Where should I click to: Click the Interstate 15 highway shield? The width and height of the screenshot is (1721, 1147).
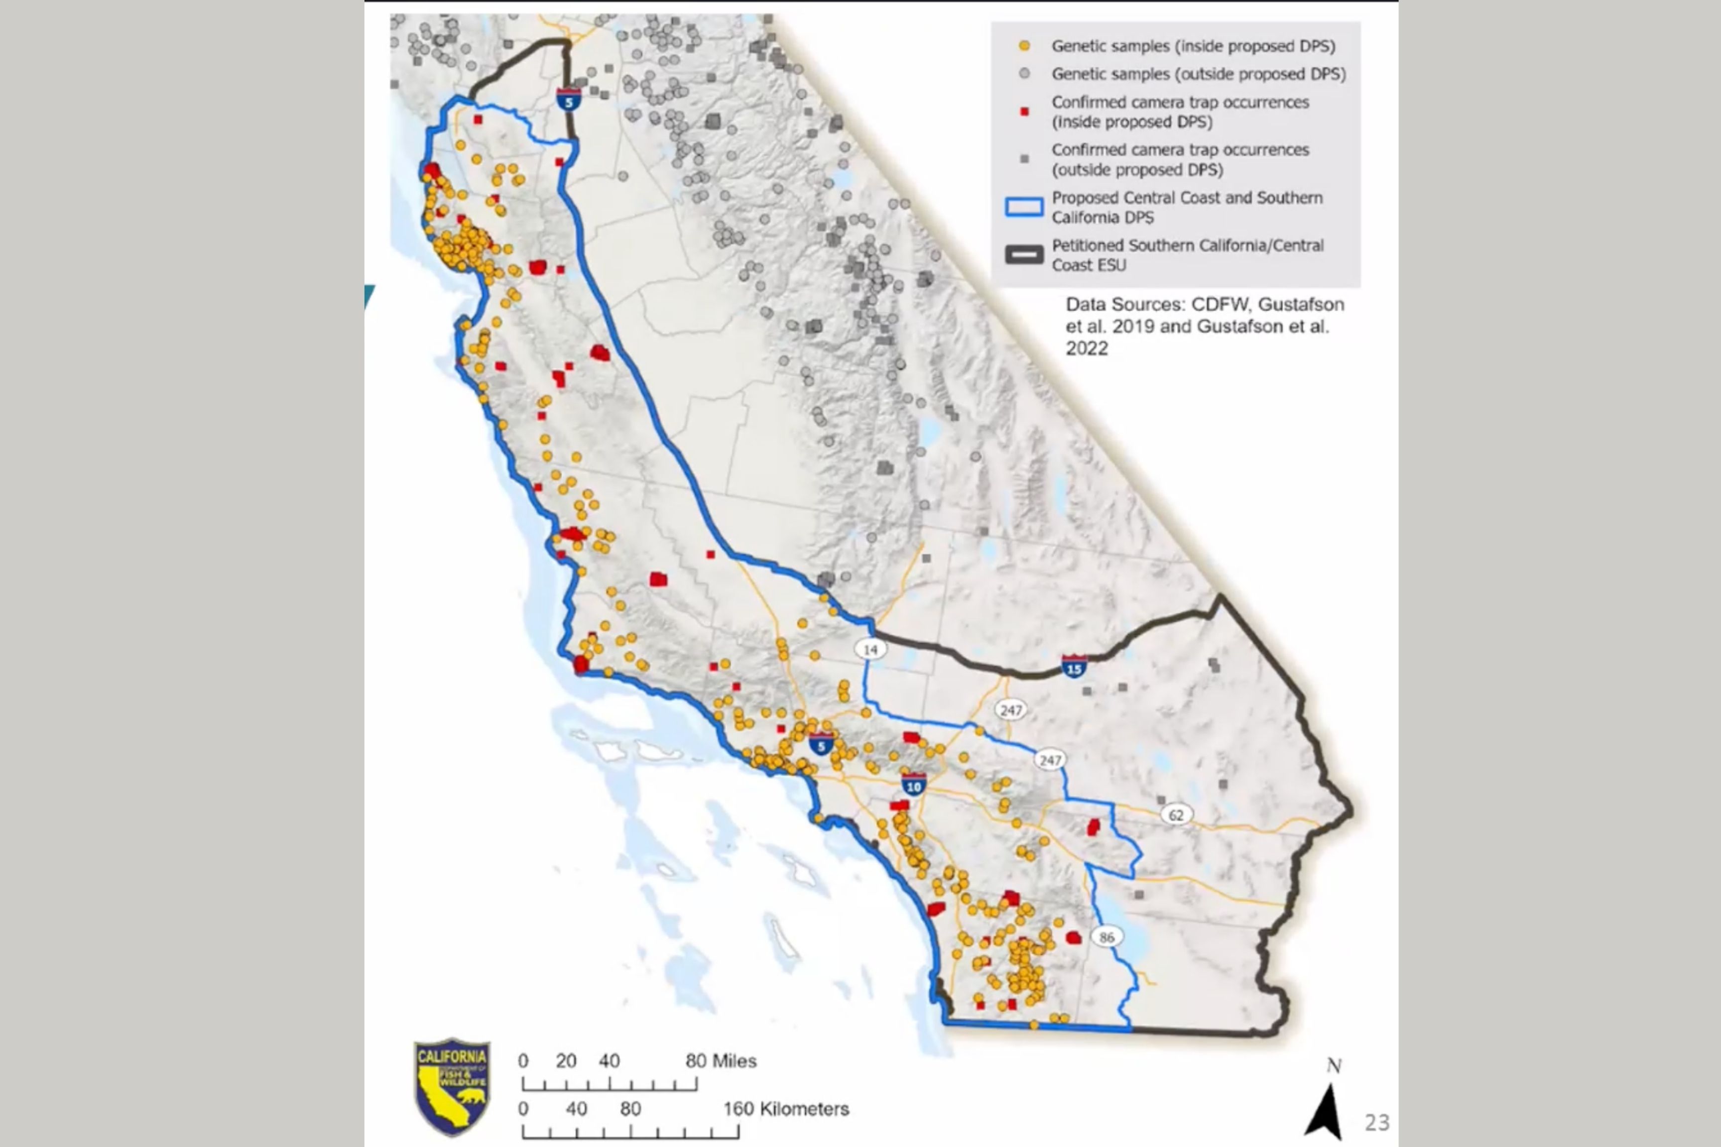1074,667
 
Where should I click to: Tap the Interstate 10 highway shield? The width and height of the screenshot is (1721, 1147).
913,785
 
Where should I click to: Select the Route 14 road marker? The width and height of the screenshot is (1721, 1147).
870,649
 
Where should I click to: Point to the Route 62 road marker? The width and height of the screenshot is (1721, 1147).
1176,815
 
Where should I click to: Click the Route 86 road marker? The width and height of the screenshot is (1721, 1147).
1106,937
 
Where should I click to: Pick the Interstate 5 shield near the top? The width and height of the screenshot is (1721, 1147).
569,100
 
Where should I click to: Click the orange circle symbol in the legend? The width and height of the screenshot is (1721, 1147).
1024,46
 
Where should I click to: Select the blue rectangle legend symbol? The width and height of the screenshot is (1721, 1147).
1024,207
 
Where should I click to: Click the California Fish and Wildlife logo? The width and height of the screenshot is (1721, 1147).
452,1086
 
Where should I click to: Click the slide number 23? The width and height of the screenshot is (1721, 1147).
1376,1122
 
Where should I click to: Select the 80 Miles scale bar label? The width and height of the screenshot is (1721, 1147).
720,1061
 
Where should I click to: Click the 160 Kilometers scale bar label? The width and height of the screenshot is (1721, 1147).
786,1109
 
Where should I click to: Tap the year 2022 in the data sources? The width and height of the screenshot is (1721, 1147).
1087,349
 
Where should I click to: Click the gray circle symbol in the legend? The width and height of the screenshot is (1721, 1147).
1024,74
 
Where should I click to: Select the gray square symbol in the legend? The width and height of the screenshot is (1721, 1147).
1024,159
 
